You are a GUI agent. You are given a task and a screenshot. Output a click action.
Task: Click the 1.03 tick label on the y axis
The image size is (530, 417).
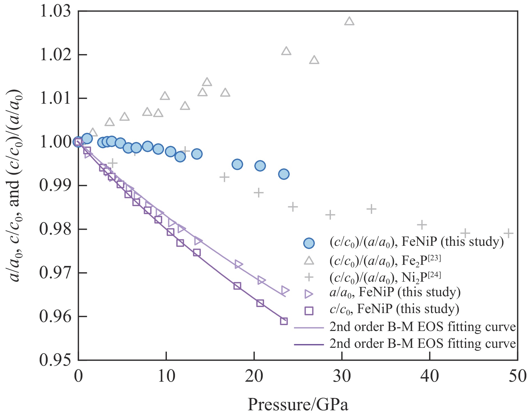[56, 12]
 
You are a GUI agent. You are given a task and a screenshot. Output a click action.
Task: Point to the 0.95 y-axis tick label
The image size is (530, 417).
[56, 360]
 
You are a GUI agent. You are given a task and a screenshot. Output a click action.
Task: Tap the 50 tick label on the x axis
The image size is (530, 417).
[517, 376]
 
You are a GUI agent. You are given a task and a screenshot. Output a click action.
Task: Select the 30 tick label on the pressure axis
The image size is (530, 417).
[342, 376]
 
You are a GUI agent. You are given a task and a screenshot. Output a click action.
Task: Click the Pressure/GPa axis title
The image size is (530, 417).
[298, 405]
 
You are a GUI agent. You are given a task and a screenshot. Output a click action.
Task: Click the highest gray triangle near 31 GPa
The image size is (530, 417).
[349, 21]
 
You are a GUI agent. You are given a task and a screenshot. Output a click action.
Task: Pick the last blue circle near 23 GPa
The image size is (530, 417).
[284, 174]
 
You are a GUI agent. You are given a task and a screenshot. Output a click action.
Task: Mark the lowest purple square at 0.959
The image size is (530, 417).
[284, 321]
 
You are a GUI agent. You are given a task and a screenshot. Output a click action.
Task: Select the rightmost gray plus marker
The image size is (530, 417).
[508, 233]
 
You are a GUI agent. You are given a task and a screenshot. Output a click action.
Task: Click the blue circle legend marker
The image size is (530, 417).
[309, 243]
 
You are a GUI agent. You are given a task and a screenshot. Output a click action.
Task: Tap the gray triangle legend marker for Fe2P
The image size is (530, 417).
[309, 261]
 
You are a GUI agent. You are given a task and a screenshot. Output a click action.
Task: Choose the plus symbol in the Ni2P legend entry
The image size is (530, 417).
[309, 277]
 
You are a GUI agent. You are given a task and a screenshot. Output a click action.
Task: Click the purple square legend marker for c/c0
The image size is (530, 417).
[309, 311]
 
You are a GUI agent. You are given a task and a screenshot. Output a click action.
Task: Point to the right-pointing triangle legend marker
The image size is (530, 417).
[309, 294]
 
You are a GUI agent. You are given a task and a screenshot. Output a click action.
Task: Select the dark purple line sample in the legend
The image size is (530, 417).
[309, 344]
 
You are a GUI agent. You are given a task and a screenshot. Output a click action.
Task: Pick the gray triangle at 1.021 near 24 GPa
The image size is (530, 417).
[286, 51]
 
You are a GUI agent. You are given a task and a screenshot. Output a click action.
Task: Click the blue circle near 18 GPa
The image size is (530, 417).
[237, 164]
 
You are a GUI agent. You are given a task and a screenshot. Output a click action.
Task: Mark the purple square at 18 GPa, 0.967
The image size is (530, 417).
[237, 286]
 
